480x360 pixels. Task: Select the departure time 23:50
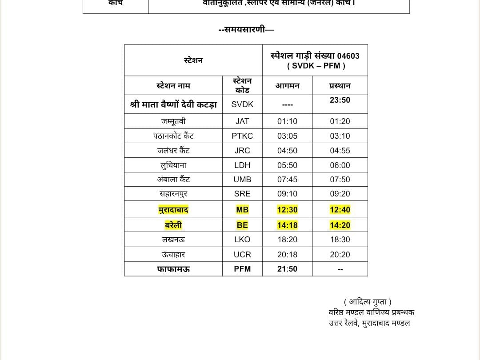[340, 100]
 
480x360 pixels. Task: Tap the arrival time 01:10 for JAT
[287, 121]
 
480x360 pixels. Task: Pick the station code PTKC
[242, 136]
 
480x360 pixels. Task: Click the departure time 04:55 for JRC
[340, 151]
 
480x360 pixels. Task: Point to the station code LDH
[242, 165]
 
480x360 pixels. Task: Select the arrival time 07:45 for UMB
[287, 180]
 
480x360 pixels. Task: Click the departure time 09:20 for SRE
[340, 194]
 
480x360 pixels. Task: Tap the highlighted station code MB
[242, 210]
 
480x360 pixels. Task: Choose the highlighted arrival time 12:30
[287, 210]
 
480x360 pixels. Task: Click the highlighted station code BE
[242, 225]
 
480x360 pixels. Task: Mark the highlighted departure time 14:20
[340, 225]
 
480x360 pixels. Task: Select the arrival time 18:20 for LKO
[287, 240]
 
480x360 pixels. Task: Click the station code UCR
[242, 255]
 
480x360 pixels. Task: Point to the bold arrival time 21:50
[287, 269]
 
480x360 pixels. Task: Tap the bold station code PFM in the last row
[242, 269]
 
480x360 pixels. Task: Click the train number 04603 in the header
[348, 56]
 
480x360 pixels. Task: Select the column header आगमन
[287, 86]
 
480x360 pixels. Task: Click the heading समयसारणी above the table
[246, 30]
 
